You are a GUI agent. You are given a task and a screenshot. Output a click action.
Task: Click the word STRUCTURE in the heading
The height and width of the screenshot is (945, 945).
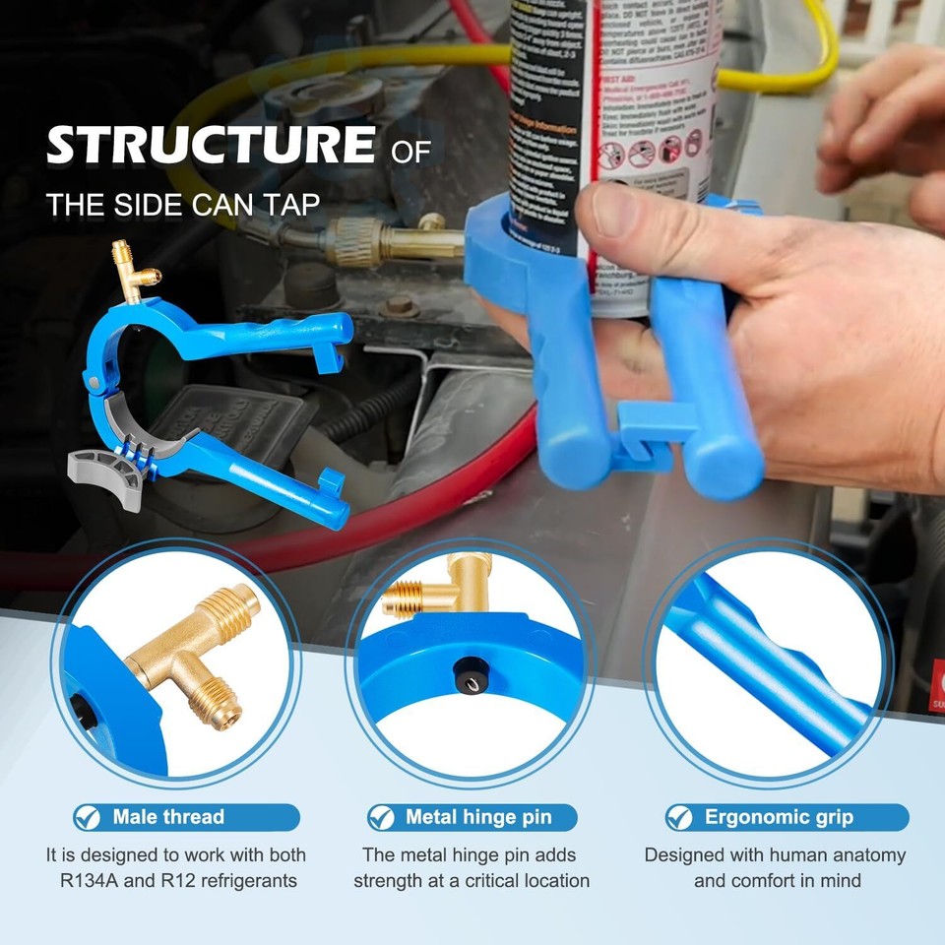(x=210, y=146)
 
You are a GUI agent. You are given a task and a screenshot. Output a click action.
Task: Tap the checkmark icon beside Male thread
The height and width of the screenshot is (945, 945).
(x=89, y=817)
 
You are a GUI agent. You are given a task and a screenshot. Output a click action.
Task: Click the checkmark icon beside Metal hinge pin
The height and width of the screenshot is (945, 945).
(x=382, y=817)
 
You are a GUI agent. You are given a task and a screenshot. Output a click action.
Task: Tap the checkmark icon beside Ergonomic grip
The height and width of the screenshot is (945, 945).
(x=680, y=817)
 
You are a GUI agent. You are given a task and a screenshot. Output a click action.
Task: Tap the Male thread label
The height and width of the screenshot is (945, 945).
(x=167, y=817)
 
